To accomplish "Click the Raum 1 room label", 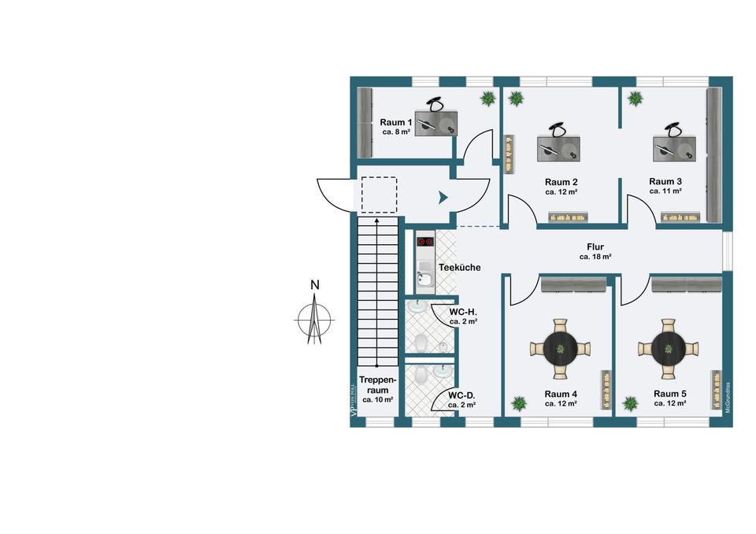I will [396, 123].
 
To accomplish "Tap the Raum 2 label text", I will [561, 182].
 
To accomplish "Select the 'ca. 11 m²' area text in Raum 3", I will [665, 191].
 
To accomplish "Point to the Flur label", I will [595, 247].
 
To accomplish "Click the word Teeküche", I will [459, 268].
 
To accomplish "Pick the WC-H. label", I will [463, 312].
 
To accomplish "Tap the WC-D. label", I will [461, 395].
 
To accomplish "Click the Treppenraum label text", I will [376, 384].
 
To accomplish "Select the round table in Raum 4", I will [560, 347].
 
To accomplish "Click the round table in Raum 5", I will [669, 346].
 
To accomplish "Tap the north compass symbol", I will [314, 319].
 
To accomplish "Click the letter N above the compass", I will [314, 285].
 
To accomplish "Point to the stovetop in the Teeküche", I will [425, 241].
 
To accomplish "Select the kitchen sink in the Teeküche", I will [424, 278].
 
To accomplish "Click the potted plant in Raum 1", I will [488, 98].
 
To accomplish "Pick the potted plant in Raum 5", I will [630, 403].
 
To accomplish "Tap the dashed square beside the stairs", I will [379, 195].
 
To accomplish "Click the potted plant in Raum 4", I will [519, 403].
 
